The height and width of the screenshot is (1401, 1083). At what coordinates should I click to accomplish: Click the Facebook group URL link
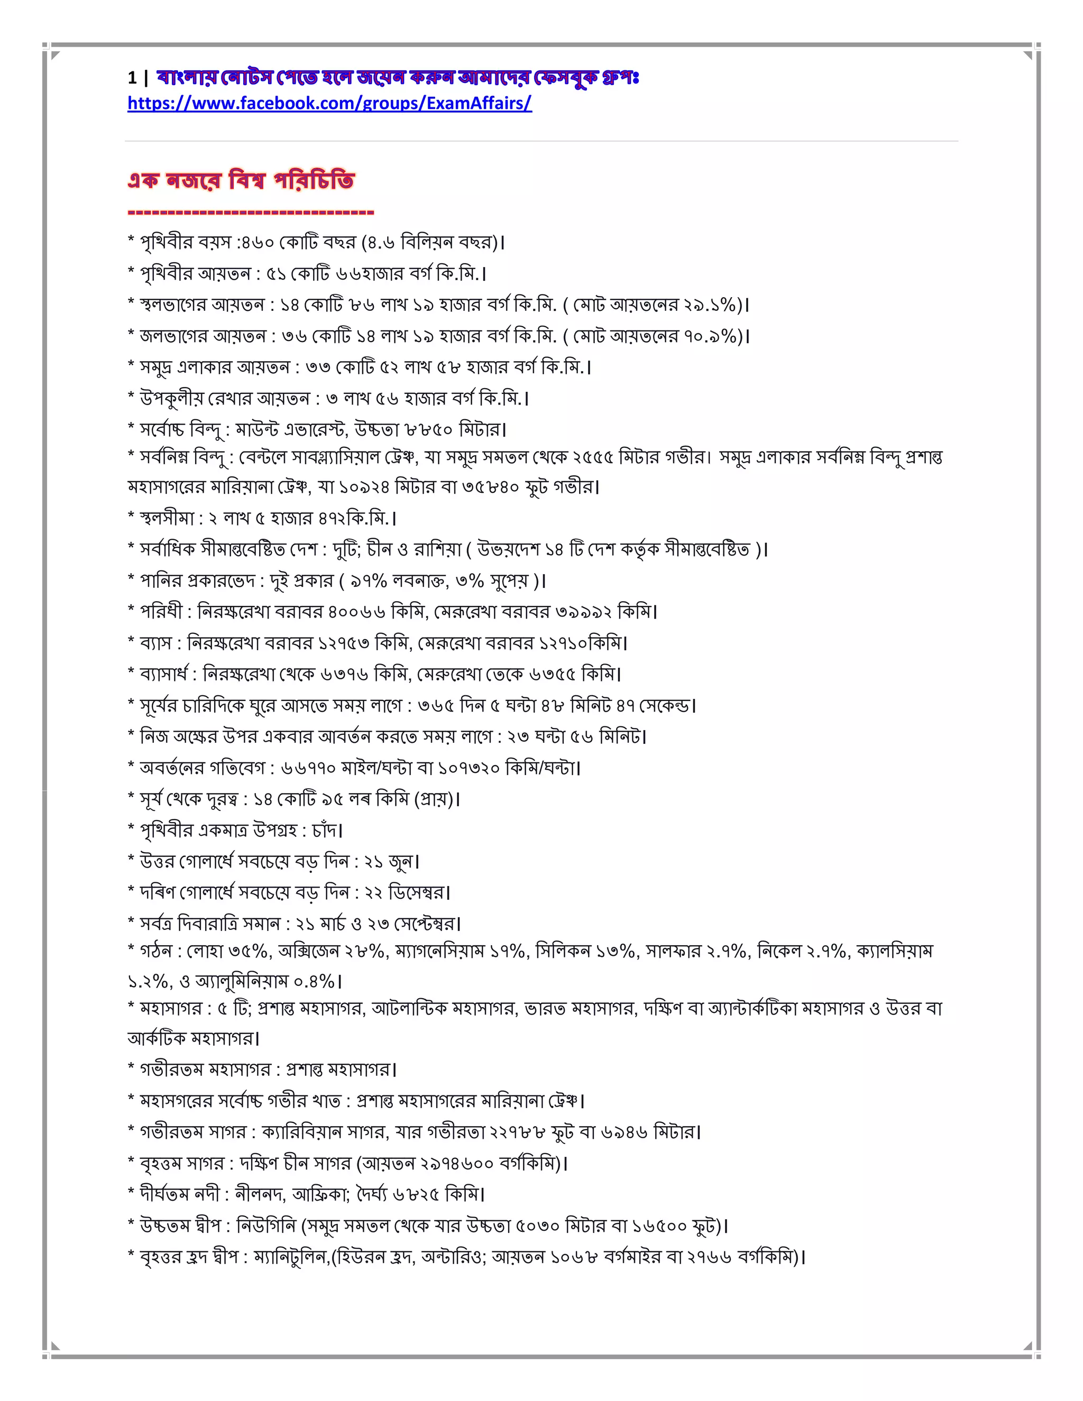click(x=329, y=103)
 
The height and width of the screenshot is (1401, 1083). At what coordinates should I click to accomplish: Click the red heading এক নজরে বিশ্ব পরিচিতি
click(x=241, y=181)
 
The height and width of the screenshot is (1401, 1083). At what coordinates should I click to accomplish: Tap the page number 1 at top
click(x=132, y=78)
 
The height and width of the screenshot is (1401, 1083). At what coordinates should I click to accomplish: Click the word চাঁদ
click(x=326, y=831)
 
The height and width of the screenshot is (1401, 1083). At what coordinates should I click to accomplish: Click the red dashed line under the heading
click(x=250, y=211)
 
